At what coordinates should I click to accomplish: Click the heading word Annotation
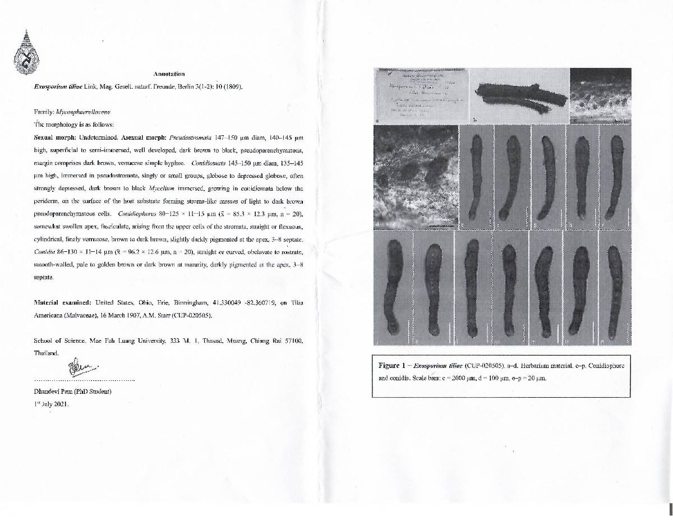pos(169,73)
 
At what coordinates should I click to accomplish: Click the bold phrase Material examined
pos(62,302)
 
